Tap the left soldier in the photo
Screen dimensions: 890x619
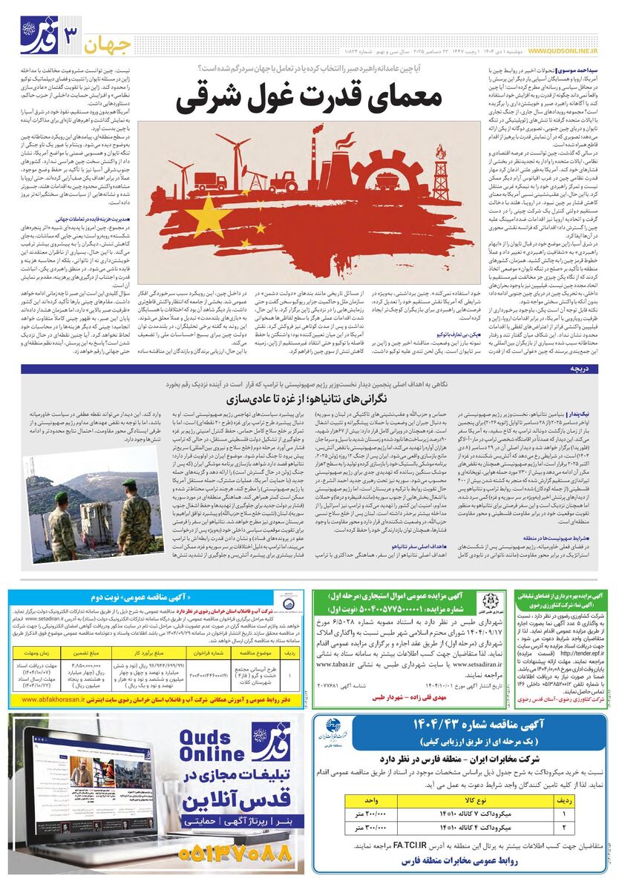tap(62, 519)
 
